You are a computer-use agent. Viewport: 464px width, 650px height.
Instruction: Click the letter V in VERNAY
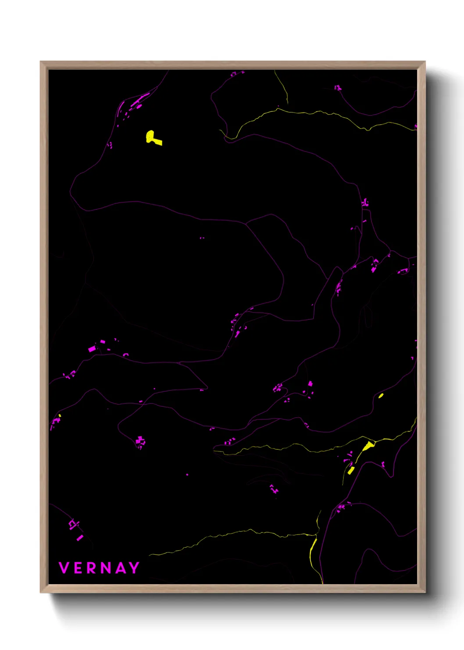tap(64, 568)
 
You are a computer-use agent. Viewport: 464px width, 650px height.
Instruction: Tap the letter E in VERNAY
tap(78, 568)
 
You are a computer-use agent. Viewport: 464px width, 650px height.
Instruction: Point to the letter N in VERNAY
tap(106, 568)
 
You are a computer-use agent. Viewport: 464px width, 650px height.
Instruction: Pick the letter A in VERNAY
tap(120, 568)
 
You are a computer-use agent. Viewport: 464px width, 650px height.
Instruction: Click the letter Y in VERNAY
tap(134, 568)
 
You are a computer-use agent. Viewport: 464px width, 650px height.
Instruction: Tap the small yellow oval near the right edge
tap(381, 396)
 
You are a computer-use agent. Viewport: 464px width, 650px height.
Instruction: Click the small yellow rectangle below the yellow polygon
tap(351, 470)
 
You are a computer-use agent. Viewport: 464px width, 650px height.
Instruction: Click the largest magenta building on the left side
tap(92, 349)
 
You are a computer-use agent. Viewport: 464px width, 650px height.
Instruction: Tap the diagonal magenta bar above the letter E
tap(80, 538)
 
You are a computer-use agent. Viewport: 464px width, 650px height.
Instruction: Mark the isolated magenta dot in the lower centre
tap(187, 475)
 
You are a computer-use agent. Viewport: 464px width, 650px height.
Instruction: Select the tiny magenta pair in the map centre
tap(202, 238)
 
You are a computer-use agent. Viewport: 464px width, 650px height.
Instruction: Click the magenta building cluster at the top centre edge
tap(237, 74)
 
